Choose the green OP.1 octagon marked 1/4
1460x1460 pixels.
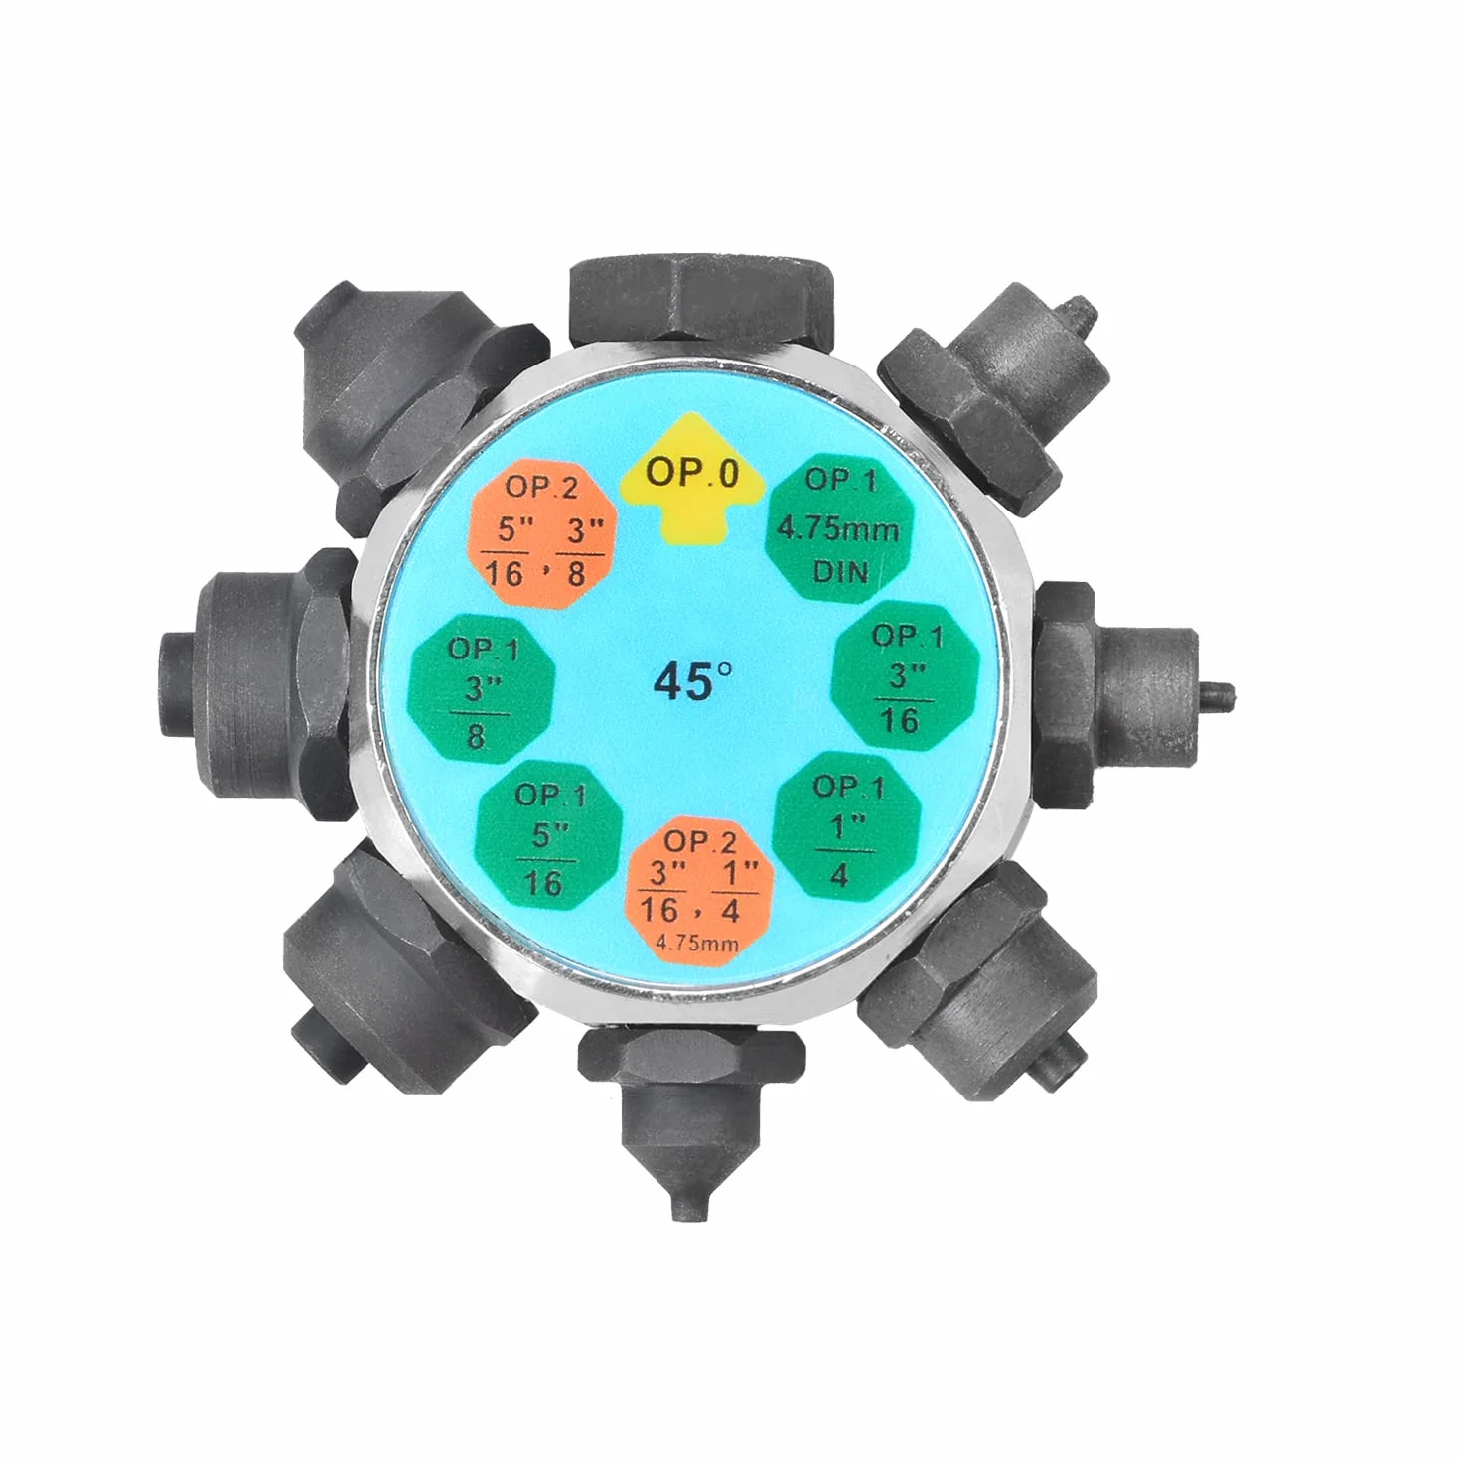click(847, 825)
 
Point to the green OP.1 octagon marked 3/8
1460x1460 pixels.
click(482, 686)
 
